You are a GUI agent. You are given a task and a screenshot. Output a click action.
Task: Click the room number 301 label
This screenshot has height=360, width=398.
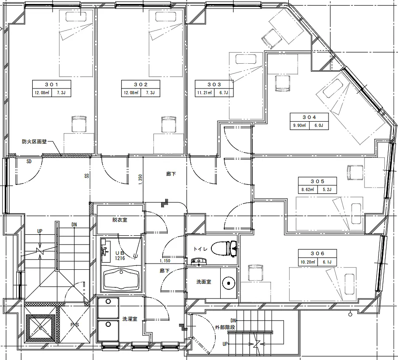[52, 84]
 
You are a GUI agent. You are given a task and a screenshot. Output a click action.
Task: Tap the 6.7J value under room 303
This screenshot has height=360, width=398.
[224, 93]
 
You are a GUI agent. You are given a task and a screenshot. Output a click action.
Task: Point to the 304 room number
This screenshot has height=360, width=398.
[309, 117]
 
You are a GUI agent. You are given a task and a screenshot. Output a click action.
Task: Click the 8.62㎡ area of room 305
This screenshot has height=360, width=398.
[308, 189]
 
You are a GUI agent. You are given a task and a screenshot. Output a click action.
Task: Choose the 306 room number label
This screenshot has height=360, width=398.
[317, 253]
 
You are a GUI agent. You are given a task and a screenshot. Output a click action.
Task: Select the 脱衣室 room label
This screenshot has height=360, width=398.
[119, 220]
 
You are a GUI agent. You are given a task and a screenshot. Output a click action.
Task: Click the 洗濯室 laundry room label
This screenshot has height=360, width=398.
[130, 319]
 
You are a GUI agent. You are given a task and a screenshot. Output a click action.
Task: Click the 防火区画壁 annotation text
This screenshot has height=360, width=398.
[34, 142]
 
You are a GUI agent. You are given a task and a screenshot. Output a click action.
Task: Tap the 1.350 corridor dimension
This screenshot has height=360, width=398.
[140, 180]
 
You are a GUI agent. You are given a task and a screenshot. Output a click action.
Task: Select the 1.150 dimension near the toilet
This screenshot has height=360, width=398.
[165, 261]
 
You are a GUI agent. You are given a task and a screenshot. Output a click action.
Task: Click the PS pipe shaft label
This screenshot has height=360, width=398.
[75, 325]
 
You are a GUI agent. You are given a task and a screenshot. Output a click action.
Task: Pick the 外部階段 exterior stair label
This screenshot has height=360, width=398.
[225, 328]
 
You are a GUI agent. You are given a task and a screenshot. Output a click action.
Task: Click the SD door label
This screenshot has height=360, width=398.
[29, 161]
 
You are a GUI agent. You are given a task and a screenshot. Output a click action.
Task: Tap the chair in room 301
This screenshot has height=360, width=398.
[79, 124]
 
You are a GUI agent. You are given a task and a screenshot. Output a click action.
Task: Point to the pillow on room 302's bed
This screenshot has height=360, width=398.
[166, 17]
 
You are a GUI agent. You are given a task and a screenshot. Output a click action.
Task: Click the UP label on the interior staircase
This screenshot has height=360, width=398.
[40, 231]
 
